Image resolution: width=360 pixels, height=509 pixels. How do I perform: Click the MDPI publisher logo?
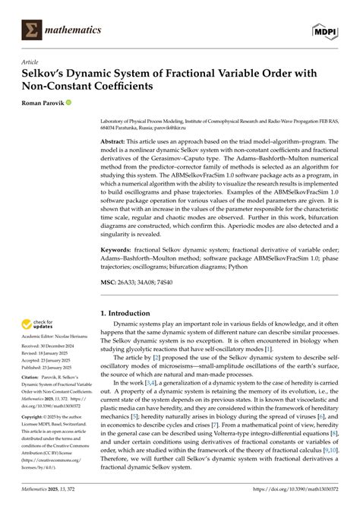click(x=325, y=30)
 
